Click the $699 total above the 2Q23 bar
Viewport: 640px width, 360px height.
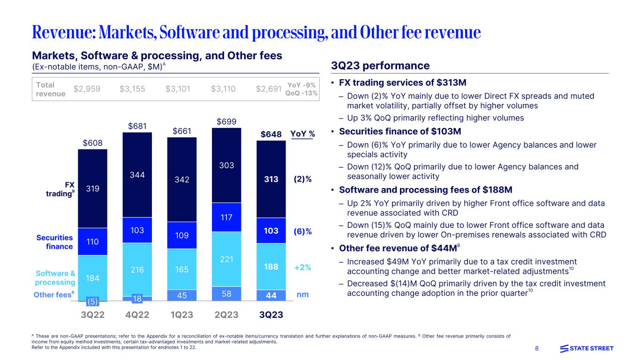coord(226,122)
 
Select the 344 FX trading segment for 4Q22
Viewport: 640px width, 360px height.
coord(137,175)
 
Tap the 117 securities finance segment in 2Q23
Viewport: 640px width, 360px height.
coord(226,217)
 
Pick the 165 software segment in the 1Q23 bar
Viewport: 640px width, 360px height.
coord(182,270)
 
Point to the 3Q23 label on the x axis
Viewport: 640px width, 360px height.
coord(271,315)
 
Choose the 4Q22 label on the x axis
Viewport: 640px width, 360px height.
coord(137,315)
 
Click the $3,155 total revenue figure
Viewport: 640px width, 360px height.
coord(133,89)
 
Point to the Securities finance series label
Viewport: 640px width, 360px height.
coord(55,242)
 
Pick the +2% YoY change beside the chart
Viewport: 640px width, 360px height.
coord(303,267)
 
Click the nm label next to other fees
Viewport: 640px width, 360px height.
coord(303,295)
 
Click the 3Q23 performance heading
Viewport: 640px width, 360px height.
coord(380,66)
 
